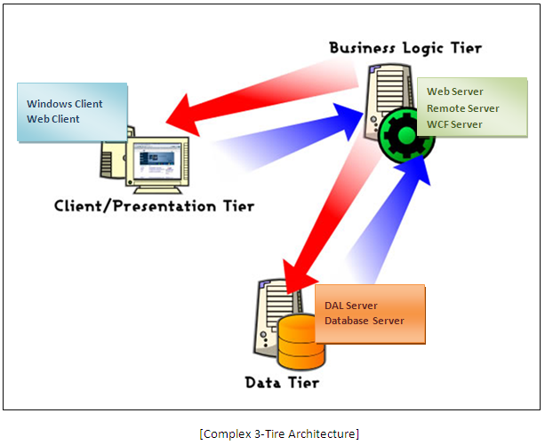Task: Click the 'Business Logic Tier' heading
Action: click(405, 47)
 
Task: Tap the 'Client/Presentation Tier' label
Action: click(154, 206)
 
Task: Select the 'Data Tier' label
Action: click(281, 383)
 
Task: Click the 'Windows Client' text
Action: click(65, 104)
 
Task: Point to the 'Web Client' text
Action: click(53, 119)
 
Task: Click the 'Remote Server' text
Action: click(462, 108)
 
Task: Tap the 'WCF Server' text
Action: click(454, 124)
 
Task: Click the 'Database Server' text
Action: click(365, 321)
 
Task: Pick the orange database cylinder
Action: click(301, 347)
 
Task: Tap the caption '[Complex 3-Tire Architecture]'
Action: click(280, 433)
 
